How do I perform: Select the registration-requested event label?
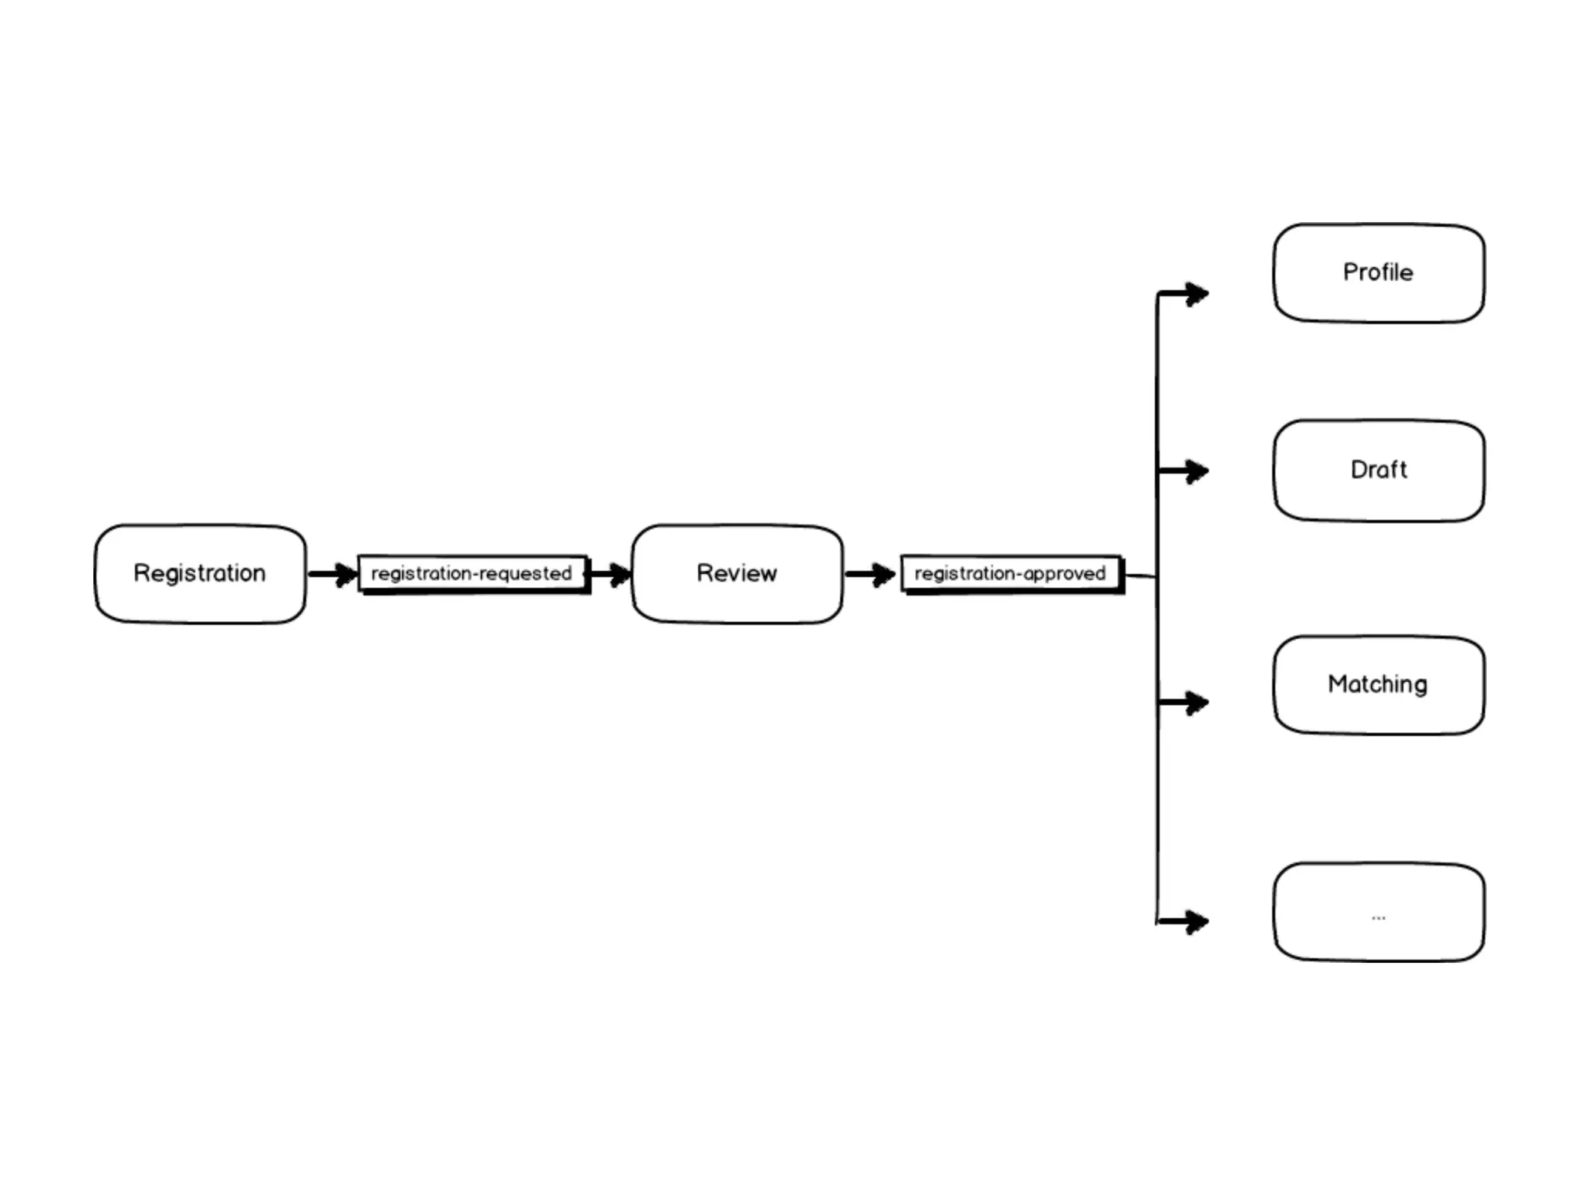point(472,573)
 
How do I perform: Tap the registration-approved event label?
point(1011,573)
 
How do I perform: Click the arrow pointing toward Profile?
point(1184,294)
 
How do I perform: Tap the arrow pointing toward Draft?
point(1184,471)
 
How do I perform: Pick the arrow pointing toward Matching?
point(1184,703)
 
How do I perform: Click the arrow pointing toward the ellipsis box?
point(1184,921)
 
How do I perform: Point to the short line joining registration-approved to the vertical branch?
point(1140,576)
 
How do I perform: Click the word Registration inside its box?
point(200,573)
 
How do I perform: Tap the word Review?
point(737,573)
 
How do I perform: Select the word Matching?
point(1378,684)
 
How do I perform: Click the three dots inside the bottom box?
point(1379,918)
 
